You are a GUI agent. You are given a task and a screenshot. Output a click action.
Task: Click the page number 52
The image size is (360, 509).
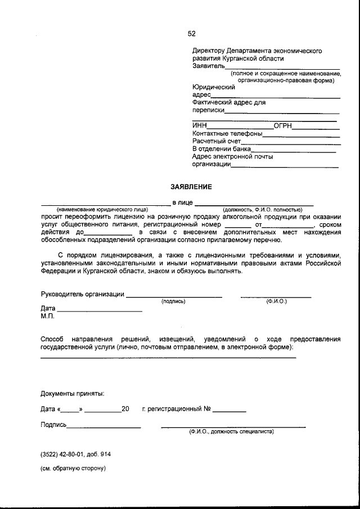(192, 33)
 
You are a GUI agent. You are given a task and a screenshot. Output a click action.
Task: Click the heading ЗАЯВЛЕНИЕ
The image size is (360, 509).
(192, 187)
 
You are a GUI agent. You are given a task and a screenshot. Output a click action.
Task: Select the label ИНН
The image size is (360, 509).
(200, 125)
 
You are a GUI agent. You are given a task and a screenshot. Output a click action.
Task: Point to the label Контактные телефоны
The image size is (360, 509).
(227, 133)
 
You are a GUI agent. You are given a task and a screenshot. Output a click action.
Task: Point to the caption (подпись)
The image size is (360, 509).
(173, 301)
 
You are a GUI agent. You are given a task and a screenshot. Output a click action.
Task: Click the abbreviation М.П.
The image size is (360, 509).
(47, 317)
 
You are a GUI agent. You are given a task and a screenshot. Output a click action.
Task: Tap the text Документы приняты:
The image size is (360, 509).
(72, 394)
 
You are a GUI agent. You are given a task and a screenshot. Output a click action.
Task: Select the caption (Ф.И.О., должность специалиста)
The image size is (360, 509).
(231, 432)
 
